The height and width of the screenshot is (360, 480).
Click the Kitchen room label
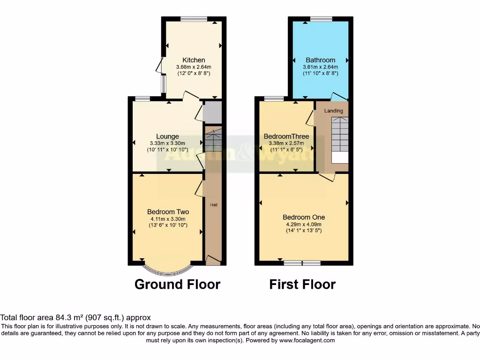[x=194, y=60]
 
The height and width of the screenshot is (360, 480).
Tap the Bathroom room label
[x=321, y=60]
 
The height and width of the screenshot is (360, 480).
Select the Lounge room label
[x=167, y=136]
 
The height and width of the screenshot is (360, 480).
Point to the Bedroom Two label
[x=168, y=212]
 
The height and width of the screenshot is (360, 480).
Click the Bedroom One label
[x=304, y=217]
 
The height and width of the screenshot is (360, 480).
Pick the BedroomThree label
[x=286, y=136]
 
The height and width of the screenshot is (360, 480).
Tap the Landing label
[x=334, y=111]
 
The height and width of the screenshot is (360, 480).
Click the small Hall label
[x=213, y=205]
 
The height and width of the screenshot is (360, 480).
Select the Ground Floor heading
[x=177, y=284]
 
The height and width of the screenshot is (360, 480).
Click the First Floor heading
[x=302, y=284]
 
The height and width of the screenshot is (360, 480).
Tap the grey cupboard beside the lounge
[x=212, y=112]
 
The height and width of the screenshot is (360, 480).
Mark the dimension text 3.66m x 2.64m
[x=194, y=67]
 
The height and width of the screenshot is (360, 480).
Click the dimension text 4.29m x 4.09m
[x=304, y=224]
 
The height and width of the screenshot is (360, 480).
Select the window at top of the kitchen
[x=194, y=19]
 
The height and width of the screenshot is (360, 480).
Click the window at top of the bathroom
[x=321, y=19]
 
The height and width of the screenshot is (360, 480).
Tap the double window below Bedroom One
[x=302, y=262]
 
